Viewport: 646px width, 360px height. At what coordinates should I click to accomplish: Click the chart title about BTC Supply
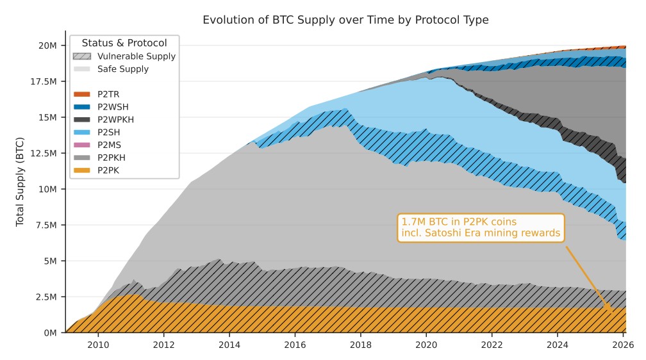point(345,20)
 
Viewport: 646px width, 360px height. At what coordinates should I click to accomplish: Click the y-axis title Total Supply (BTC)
point(20,182)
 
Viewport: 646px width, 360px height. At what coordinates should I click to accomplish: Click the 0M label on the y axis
point(50,333)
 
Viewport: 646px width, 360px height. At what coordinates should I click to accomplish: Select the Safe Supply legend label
point(122,69)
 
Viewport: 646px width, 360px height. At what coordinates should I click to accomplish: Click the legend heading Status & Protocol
point(124,43)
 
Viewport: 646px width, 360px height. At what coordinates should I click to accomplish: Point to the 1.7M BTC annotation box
point(481,227)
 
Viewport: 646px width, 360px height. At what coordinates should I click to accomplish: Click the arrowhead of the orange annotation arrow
point(610,311)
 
